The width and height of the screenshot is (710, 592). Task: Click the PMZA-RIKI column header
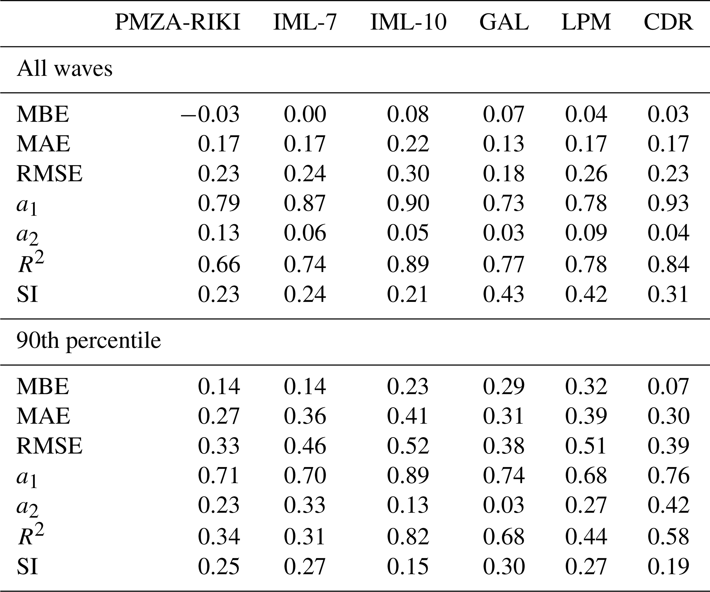click(x=177, y=23)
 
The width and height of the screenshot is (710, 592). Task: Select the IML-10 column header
click(x=408, y=23)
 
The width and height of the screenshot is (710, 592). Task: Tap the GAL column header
click(x=504, y=23)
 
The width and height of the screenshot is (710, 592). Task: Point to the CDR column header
click(x=668, y=23)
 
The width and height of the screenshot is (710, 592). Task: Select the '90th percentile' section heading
click(x=89, y=342)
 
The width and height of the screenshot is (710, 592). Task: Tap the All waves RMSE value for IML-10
click(x=408, y=173)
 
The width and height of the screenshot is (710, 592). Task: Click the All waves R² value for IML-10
click(x=408, y=264)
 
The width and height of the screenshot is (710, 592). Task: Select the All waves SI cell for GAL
click(x=504, y=294)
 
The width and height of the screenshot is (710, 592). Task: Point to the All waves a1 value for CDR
click(x=668, y=203)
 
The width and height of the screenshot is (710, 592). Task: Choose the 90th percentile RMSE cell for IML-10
click(x=408, y=445)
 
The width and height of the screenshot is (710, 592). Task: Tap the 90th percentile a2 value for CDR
click(x=668, y=505)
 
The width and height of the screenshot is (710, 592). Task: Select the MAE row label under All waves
click(x=43, y=144)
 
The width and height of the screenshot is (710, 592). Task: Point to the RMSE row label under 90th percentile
click(x=49, y=445)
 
